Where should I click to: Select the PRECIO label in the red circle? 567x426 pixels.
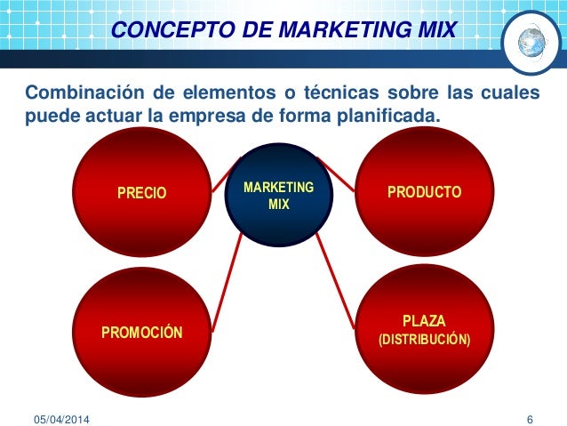coord(143,192)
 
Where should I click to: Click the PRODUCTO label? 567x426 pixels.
coord(424,191)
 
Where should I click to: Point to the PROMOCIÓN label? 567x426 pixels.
coord(142,334)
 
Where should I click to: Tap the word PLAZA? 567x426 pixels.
coord(424,320)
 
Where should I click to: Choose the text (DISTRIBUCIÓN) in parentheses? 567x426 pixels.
coord(425,340)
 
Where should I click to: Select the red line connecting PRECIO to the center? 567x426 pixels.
coord(222,175)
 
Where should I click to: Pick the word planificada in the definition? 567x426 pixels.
coord(387,117)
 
